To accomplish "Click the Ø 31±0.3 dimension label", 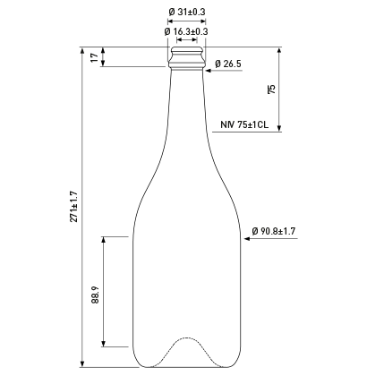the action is point(187,12).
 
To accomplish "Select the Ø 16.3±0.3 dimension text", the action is point(186,31).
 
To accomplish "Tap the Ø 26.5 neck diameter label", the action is point(228,64).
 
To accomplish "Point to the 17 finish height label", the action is point(94,57).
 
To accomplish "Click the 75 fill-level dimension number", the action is point(271,90).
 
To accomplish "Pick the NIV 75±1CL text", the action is point(244,124).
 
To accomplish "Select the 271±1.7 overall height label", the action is point(73,207).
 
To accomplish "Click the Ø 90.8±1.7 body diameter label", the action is point(274,231).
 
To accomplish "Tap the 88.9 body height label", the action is point(95,295).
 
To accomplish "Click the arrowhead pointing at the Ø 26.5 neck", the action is point(208,71).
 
